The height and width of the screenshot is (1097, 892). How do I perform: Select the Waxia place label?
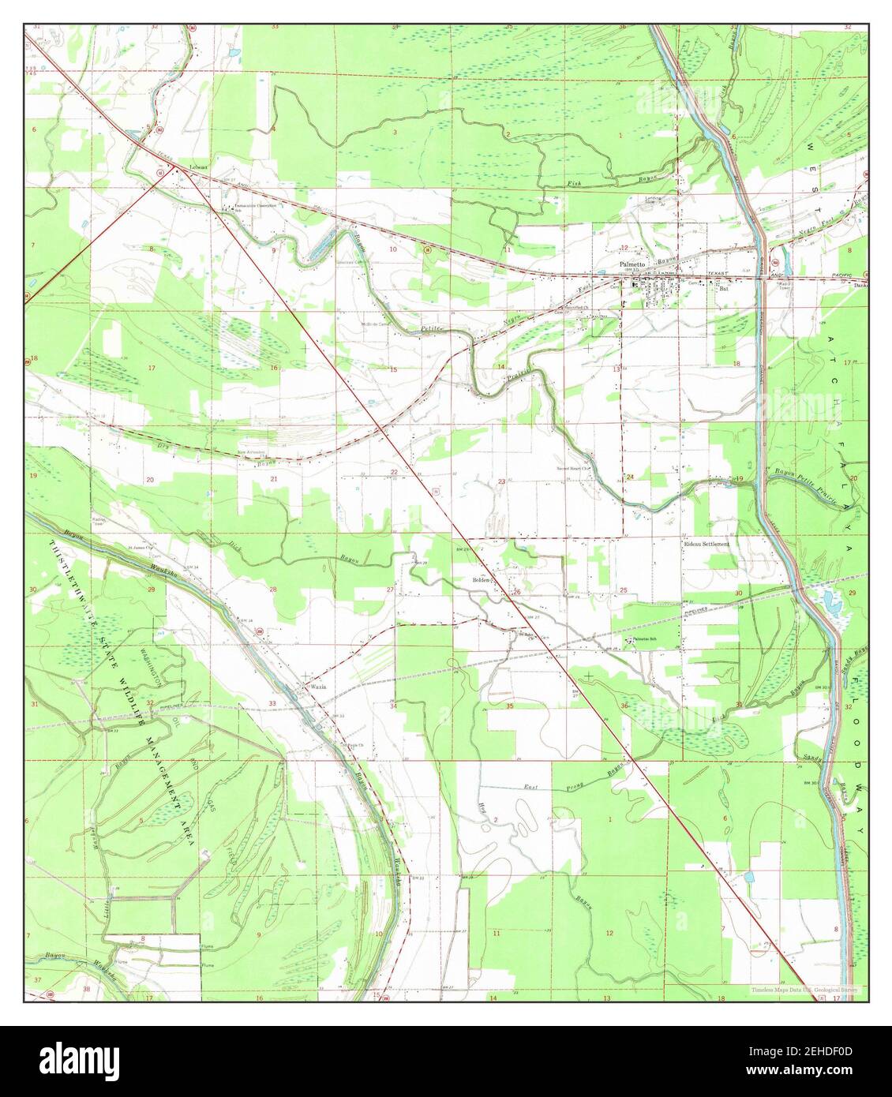tap(317, 687)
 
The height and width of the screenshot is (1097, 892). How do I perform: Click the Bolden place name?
tap(482, 579)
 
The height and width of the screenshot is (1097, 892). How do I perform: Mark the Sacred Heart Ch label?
tap(574, 468)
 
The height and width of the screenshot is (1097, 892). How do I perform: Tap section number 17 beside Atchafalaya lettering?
tap(846, 362)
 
